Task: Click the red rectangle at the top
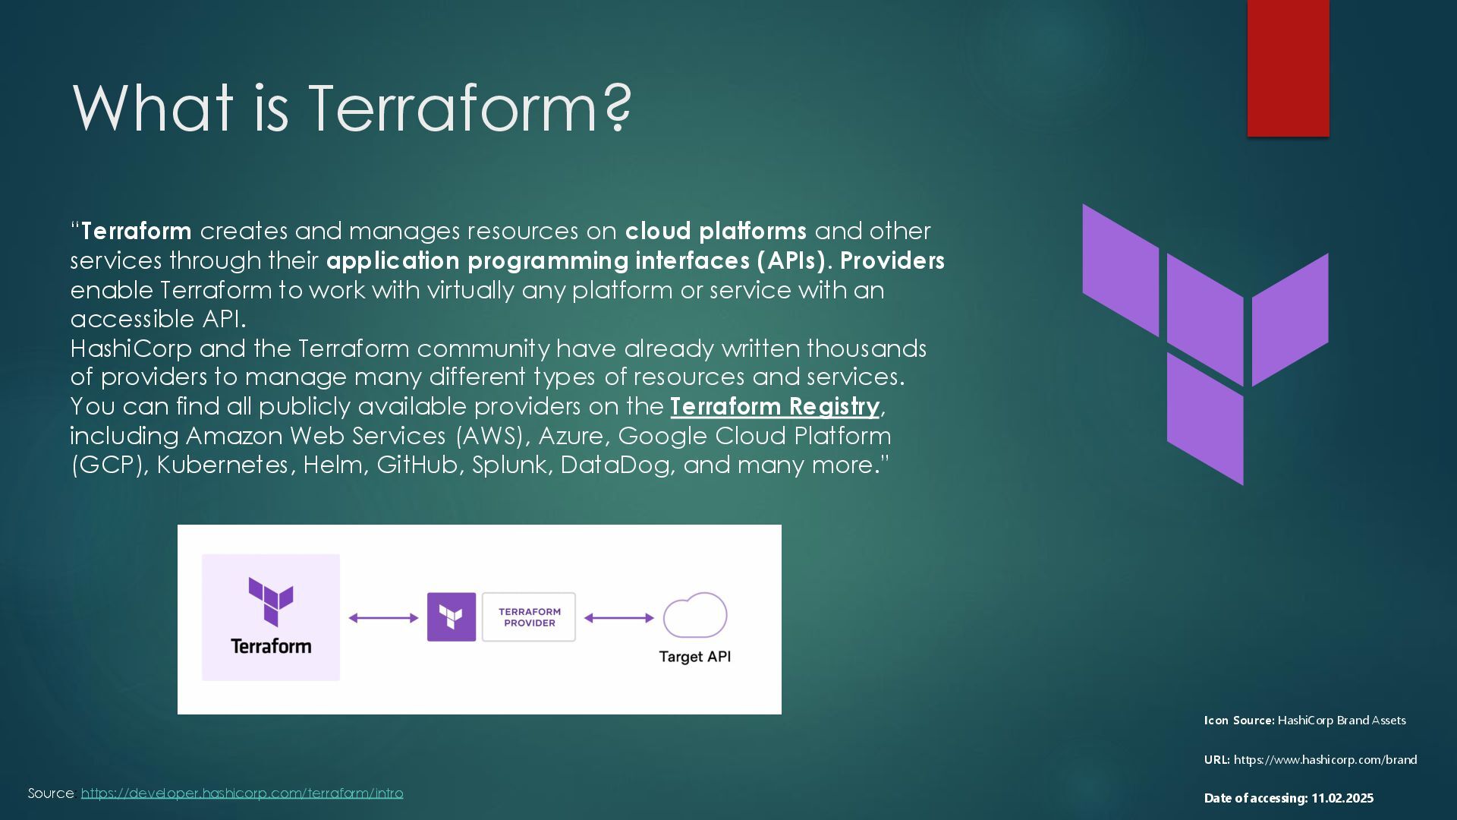(x=1288, y=68)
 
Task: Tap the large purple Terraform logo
(x=1205, y=344)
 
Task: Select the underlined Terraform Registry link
(x=775, y=406)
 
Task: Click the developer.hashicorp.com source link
(x=242, y=793)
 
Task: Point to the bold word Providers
(x=892, y=260)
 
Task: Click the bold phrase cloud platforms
(x=716, y=231)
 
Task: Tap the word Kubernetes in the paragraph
(x=222, y=465)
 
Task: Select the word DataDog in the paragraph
(x=615, y=465)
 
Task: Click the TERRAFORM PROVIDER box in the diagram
(x=529, y=617)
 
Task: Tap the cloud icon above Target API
(x=695, y=615)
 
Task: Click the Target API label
(x=695, y=657)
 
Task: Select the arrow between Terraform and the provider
(x=383, y=618)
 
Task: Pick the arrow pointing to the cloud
(x=619, y=618)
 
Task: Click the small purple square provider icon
(x=452, y=617)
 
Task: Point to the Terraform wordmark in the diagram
(x=271, y=646)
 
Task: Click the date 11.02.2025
(x=1342, y=798)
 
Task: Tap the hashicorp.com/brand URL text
(x=1325, y=759)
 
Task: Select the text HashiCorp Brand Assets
(x=1342, y=721)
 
